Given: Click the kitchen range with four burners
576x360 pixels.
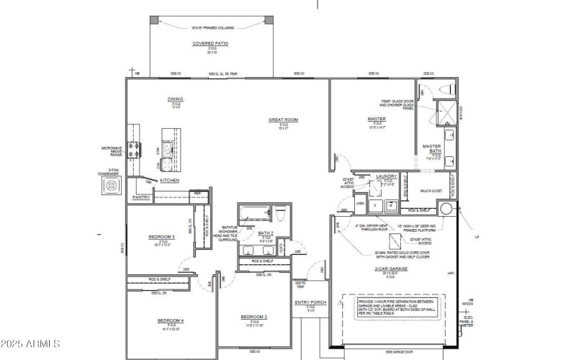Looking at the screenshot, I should click(134, 150).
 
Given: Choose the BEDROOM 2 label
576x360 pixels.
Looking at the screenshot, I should click(254, 317).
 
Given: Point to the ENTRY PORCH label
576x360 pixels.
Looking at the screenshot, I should click(311, 302).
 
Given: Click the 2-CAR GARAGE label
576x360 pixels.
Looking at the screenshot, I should click(390, 269).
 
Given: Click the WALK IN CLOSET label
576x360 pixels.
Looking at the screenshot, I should click(431, 192).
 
